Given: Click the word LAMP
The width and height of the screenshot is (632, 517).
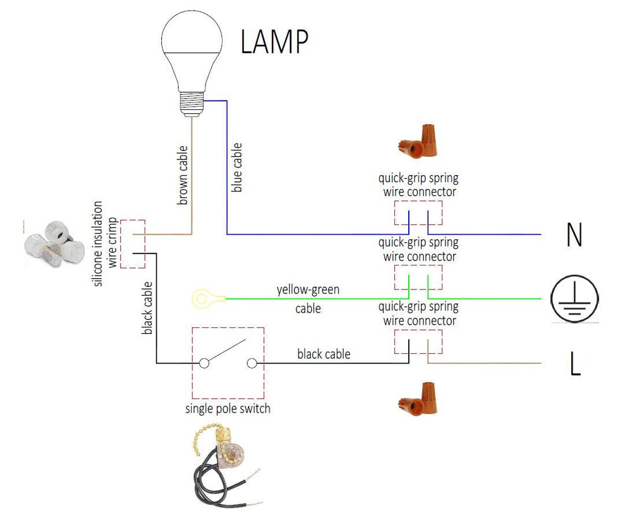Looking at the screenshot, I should coord(274,42).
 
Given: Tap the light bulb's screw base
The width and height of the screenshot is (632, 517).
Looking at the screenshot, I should coord(193,102).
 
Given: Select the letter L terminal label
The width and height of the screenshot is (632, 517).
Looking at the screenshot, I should coord(574,365).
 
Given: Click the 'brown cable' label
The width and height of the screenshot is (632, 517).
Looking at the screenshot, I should coord(183,176).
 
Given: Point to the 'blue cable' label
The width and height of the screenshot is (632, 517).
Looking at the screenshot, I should coord(238,167).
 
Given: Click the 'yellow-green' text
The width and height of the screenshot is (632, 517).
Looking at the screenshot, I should coord(308,290).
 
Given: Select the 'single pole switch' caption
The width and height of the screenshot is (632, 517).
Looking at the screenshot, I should coord(228,409).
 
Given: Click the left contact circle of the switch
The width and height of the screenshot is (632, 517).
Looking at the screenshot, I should coord(204,363).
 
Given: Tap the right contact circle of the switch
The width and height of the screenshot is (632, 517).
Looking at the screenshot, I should coord(252,363).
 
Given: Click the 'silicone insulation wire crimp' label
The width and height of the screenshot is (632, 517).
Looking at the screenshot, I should coord(105,244).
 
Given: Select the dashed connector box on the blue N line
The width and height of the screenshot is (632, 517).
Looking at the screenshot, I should coord(418,213).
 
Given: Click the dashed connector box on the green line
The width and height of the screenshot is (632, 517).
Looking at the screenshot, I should coord(418,277).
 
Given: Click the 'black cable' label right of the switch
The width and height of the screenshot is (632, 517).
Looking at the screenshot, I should coord(324,355).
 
